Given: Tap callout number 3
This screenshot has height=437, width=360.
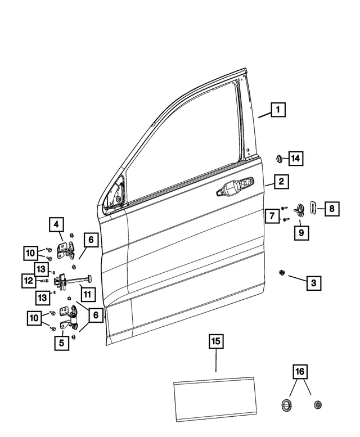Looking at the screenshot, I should [313, 283].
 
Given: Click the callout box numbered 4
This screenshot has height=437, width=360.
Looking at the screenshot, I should [56, 225].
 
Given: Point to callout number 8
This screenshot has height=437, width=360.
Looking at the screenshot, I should [331, 209].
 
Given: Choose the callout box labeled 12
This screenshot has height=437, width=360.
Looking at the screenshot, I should [29, 280].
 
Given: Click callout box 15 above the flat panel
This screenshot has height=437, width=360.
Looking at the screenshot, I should [216, 341].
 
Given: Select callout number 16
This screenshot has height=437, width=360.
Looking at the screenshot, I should [299, 372].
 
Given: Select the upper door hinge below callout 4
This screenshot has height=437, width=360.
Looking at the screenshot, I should [66, 247].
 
